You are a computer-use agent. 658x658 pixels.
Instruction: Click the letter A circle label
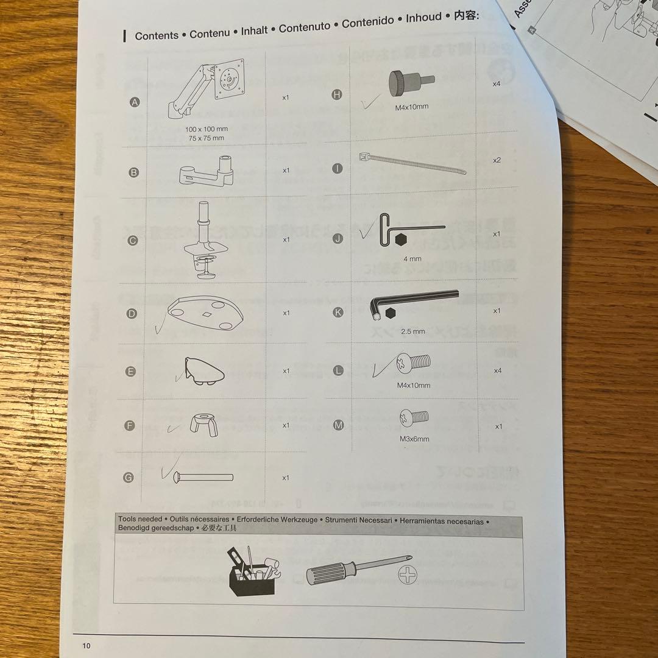135,102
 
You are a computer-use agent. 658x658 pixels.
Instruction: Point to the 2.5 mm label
412,331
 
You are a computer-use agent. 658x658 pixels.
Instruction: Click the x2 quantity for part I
497,160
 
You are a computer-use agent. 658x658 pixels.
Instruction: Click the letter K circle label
339,312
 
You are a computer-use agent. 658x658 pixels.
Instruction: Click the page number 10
86,646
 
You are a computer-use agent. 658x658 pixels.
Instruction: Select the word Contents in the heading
157,35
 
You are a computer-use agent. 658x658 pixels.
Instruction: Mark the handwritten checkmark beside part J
366,232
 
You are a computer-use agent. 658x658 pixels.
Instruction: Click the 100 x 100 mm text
206,129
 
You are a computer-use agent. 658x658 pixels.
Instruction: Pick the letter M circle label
339,425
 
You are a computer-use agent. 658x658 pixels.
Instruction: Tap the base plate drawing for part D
206,313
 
